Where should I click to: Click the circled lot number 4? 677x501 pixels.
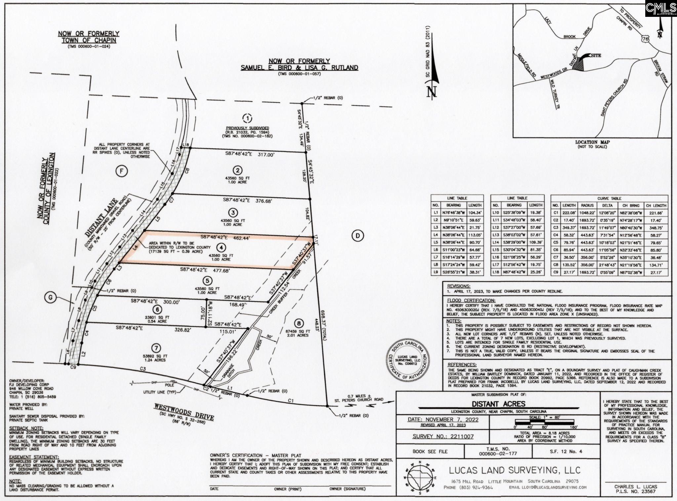click(221, 247)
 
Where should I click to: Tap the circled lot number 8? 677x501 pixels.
click(299, 323)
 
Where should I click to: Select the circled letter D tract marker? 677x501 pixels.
click(357, 236)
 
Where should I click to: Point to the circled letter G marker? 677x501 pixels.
click(51, 298)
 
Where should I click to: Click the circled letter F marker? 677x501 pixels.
click(121, 171)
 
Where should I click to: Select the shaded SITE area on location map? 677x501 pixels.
click(579, 65)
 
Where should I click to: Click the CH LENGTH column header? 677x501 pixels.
click(656, 205)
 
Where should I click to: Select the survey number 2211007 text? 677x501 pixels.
click(443, 437)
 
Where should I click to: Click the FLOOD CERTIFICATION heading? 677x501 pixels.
click(471, 300)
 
